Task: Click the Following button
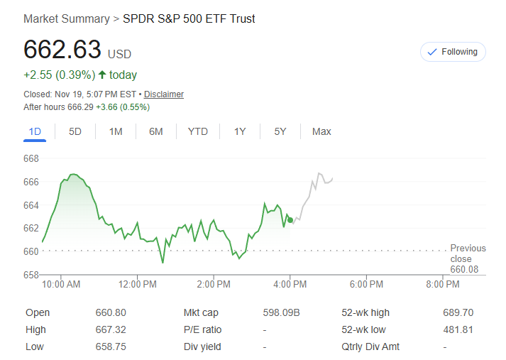(x=453, y=52)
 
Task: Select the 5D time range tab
(x=75, y=131)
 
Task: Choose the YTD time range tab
(x=198, y=131)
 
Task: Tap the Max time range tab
(x=321, y=131)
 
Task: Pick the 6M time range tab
(x=156, y=131)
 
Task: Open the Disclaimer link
(x=164, y=94)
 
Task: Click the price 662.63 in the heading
(x=62, y=50)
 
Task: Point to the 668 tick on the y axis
(x=31, y=158)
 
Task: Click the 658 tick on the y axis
(x=31, y=274)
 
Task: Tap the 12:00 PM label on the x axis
(x=137, y=285)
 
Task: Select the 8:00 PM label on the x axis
(x=442, y=285)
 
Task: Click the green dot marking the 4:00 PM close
(x=290, y=220)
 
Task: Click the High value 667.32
(x=111, y=329)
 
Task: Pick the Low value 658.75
(x=111, y=347)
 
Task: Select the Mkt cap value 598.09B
(x=282, y=312)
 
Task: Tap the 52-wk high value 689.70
(x=458, y=312)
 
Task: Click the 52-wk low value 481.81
(x=458, y=329)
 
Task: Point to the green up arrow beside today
(x=102, y=75)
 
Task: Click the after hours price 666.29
(x=80, y=107)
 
